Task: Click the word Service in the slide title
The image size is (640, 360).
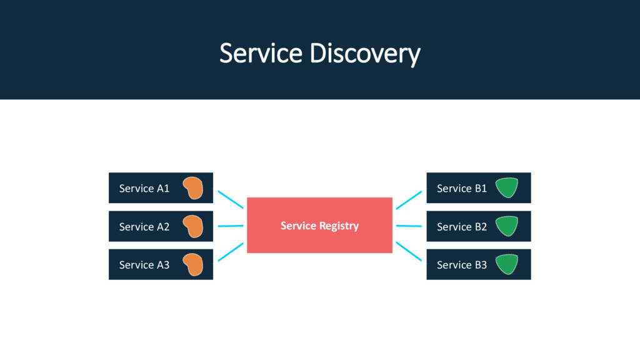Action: (x=261, y=53)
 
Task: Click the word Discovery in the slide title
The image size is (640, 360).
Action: (x=365, y=54)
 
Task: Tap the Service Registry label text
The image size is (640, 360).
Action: (x=319, y=226)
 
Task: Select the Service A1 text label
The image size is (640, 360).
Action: (x=144, y=188)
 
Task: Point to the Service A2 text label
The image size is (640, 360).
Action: (x=144, y=226)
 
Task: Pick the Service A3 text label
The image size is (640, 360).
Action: (x=144, y=265)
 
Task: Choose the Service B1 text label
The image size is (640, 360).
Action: (x=462, y=188)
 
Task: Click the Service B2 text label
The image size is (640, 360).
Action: (x=462, y=226)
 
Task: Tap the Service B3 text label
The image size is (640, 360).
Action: (x=462, y=265)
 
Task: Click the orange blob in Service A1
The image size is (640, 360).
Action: (x=193, y=187)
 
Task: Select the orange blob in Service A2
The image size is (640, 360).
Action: (x=193, y=226)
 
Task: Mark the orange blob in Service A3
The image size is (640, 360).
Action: (x=193, y=264)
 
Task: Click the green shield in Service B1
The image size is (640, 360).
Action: (x=507, y=187)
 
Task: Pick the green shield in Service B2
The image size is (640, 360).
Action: (x=507, y=225)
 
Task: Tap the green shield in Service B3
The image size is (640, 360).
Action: (x=507, y=264)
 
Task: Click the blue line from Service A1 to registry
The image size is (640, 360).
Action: (x=231, y=199)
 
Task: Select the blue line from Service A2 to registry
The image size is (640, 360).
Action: (x=231, y=226)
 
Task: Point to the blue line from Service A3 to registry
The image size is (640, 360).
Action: (x=231, y=252)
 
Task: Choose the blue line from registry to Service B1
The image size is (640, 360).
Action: (x=409, y=200)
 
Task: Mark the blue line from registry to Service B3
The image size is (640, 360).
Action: (x=409, y=251)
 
